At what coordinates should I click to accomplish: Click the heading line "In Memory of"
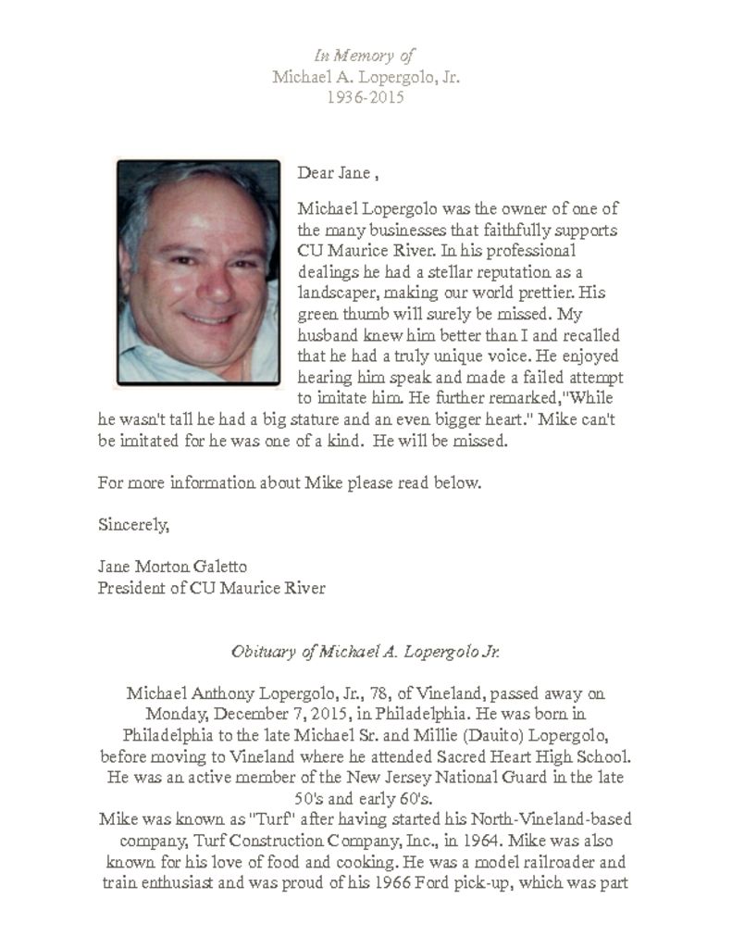tap(366, 56)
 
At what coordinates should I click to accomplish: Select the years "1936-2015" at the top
tap(366, 96)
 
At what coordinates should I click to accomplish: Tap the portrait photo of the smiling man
tap(198, 272)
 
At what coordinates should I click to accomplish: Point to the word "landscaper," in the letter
tap(339, 293)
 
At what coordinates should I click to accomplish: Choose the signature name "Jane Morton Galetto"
tap(173, 566)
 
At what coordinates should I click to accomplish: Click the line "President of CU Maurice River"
tap(211, 587)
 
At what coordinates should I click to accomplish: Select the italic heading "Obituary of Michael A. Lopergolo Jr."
tap(366, 651)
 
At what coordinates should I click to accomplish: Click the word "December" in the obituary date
tap(255, 714)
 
